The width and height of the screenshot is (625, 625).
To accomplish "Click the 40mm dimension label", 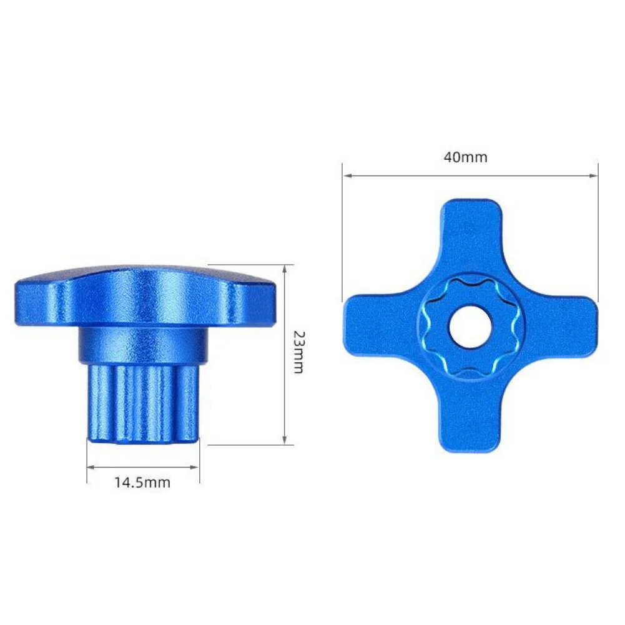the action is [x=466, y=157].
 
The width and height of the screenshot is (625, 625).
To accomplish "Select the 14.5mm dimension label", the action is [x=143, y=483].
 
